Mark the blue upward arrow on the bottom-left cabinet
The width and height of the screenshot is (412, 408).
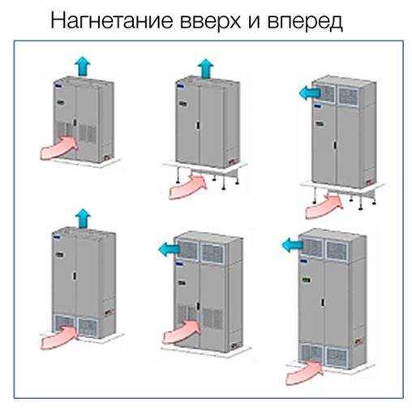(x=81, y=217)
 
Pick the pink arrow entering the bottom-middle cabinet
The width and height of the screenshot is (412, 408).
(x=181, y=332)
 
